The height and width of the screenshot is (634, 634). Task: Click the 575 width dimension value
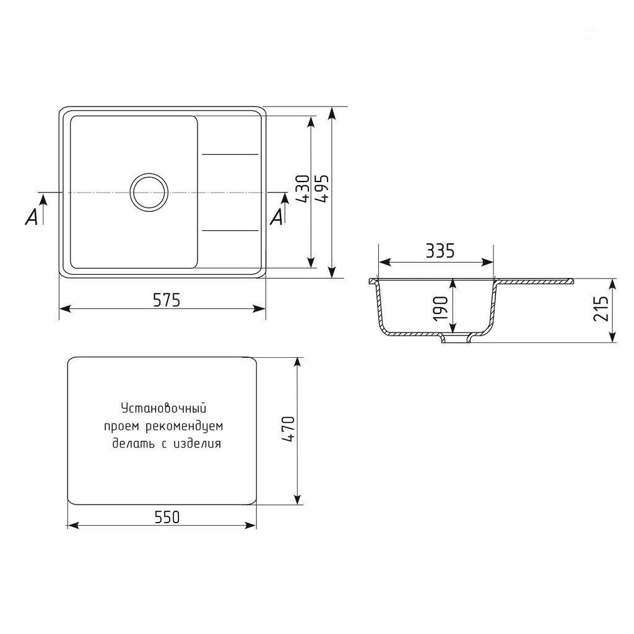(x=167, y=300)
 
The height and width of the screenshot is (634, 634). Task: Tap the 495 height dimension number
(x=323, y=188)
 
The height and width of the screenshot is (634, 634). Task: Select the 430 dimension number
(x=303, y=188)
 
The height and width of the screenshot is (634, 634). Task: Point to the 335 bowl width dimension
(x=440, y=251)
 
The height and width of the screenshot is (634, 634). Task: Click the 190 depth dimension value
(x=441, y=309)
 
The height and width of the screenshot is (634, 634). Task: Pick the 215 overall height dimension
(x=601, y=308)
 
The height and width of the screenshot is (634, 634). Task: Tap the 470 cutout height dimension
(x=289, y=429)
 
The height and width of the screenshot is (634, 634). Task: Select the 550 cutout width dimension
(x=167, y=517)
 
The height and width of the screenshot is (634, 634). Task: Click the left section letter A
(x=32, y=217)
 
